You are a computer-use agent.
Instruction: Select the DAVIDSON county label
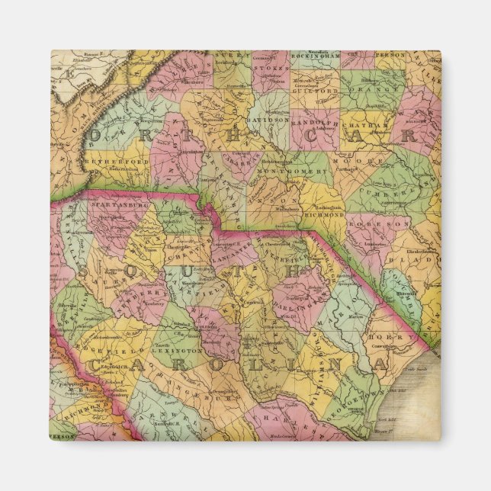268,120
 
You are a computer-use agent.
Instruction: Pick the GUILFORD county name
314,89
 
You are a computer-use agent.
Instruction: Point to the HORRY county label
379,335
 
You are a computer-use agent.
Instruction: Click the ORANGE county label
364,89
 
